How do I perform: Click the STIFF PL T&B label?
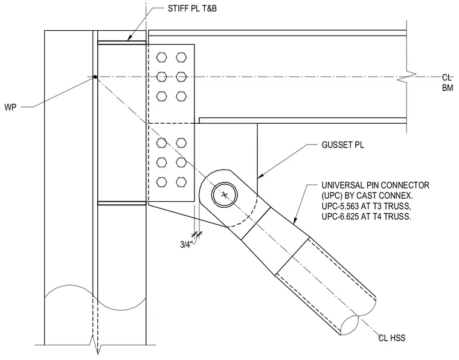192,8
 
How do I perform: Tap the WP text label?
10,107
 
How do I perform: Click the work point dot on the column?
95,77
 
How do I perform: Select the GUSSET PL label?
342,145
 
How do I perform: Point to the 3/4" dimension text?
185,245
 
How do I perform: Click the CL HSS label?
392,338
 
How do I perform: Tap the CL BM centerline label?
448,83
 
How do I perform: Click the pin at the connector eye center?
225,194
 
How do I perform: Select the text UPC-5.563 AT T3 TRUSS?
366,207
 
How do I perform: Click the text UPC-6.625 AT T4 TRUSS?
366,217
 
